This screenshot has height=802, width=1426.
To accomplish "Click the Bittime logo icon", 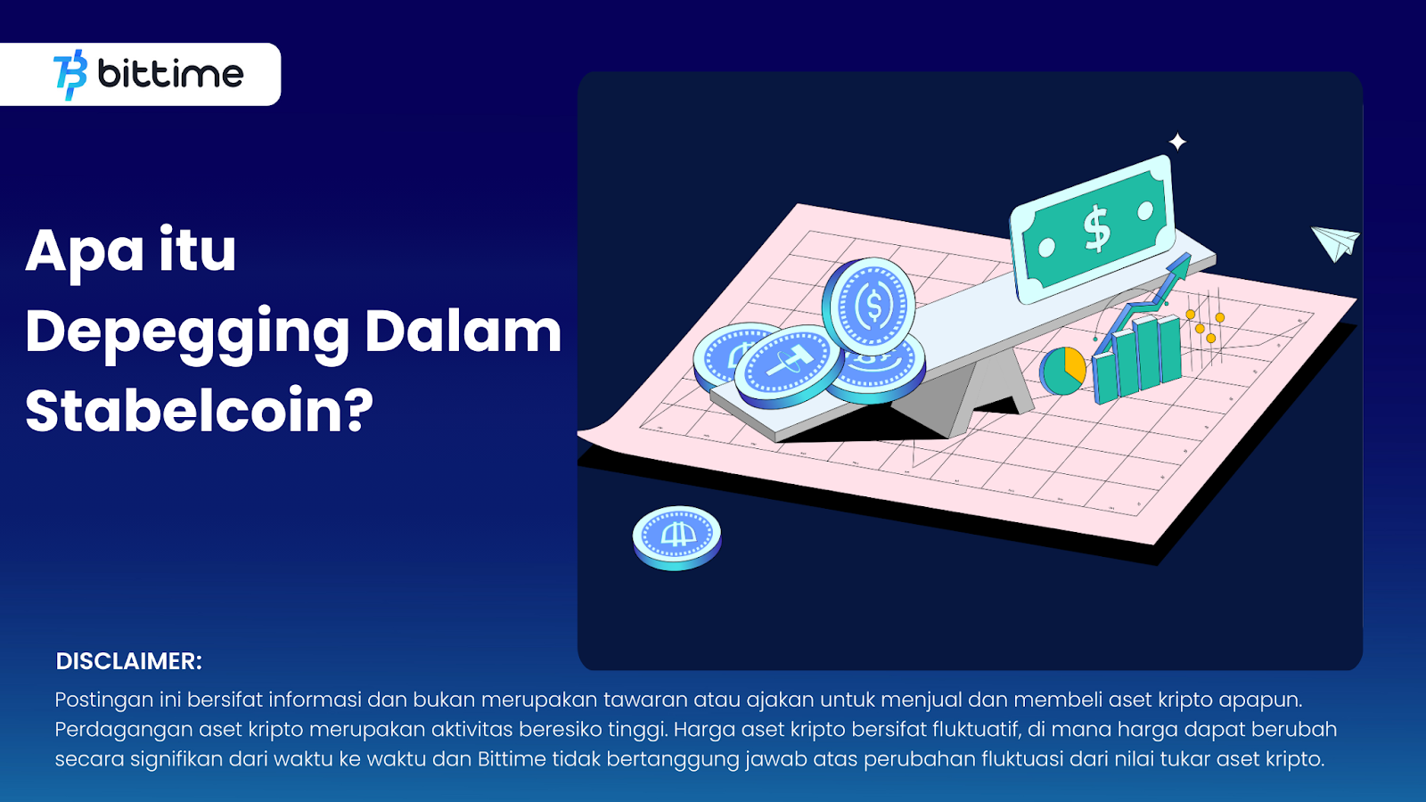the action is [70, 75].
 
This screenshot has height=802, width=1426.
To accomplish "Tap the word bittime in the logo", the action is [170, 75].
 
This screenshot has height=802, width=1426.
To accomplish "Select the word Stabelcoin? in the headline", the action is [199, 411].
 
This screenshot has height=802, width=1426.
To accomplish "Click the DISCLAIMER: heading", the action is [128, 661].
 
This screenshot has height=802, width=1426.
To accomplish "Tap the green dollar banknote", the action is [1093, 228].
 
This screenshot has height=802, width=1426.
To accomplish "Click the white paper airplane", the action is [1335, 242].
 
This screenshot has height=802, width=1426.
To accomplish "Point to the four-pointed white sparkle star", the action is [1177, 142].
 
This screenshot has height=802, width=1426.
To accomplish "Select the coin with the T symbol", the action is [788, 366].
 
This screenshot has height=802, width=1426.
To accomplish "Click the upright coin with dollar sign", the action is [870, 307].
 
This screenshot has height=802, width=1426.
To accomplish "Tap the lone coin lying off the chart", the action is [676, 537].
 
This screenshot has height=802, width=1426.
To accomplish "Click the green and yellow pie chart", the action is [1062, 371].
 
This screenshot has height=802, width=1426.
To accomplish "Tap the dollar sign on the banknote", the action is [1097, 228].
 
